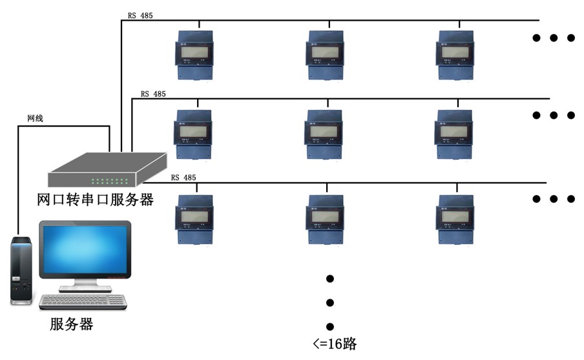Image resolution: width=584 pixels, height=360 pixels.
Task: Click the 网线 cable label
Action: click(x=35, y=119)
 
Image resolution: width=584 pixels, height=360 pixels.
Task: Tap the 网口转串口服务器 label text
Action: click(x=95, y=200)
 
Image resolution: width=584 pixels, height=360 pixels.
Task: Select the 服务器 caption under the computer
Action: click(x=71, y=324)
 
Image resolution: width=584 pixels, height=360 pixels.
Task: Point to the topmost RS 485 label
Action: click(x=140, y=16)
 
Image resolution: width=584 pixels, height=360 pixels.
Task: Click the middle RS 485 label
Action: click(x=153, y=94)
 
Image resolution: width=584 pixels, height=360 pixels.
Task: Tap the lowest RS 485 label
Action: click(x=183, y=177)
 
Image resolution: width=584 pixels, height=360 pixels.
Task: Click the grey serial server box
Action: click(x=107, y=169)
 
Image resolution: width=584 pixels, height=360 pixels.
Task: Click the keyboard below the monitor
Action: click(x=83, y=301)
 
